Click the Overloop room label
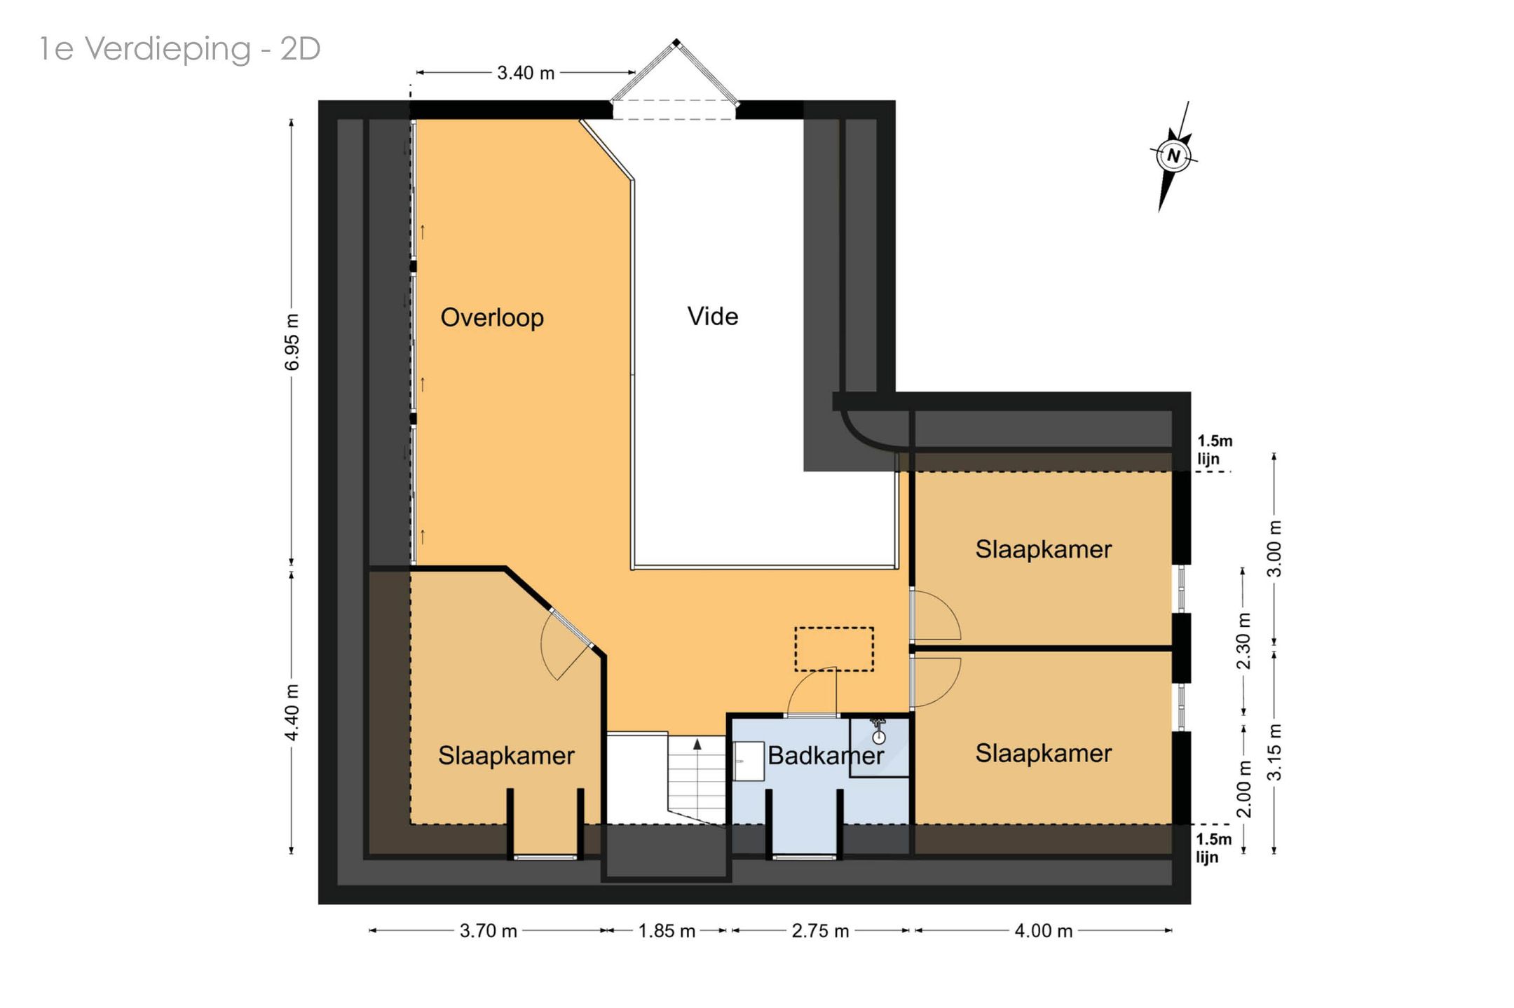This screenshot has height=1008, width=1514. coord(492,317)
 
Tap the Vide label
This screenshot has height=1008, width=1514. coord(713,316)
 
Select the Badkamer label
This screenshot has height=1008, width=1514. coord(826,755)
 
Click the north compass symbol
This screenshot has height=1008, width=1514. coord(1173,155)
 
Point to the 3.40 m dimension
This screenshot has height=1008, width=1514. coord(526,73)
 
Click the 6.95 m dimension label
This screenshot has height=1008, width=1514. coord(292,342)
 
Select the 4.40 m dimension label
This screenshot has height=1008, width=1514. coord(292,712)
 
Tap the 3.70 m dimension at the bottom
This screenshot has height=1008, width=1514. coord(489,931)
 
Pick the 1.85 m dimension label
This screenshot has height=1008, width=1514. coord(667,931)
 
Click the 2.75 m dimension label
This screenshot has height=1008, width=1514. coord(820,931)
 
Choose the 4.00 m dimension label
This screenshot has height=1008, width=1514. coord(1044,931)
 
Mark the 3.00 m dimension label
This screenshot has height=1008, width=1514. coord(1275,548)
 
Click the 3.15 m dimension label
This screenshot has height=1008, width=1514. coord(1275,752)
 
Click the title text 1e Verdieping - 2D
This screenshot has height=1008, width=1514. coord(180,49)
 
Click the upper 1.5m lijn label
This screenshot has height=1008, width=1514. coord(1214,450)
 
